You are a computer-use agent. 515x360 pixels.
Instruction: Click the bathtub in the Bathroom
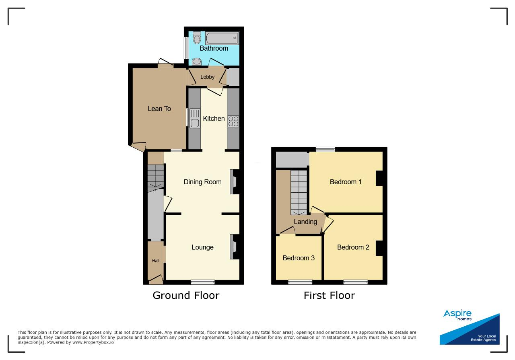(x=222, y=38)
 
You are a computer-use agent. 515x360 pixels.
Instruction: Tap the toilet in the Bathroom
(x=197, y=37)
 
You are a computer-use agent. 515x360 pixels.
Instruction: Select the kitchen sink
(x=195, y=118)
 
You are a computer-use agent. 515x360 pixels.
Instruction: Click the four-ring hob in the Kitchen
(x=233, y=121)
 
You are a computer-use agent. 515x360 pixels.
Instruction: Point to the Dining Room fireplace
(x=235, y=182)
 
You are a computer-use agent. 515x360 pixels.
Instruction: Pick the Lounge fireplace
(x=235, y=247)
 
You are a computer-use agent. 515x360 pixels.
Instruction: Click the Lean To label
(x=159, y=109)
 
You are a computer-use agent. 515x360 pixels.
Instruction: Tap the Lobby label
(x=207, y=77)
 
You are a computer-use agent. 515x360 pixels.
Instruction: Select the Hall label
(x=156, y=261)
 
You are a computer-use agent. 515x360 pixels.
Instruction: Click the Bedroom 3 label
(x=299, y=258)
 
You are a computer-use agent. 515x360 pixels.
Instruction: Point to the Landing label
(x=305, y=222)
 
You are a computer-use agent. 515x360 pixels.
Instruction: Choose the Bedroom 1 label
(x=346, y=182)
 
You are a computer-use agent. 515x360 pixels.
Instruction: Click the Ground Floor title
(x=186, y=295)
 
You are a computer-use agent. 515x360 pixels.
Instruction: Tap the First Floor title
(x=329, y=295)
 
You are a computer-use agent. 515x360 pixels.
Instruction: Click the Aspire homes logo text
(x=457, y=315)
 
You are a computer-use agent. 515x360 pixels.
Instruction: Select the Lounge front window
(x=202, y=282)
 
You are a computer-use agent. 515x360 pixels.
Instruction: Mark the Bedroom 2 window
(x=355, y=282)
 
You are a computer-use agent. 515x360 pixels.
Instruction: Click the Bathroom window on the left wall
(x=186, y=47)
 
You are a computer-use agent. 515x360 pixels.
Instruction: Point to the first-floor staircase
(x=299, y=192)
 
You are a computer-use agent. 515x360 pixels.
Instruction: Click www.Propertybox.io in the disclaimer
(x=93, y=343)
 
